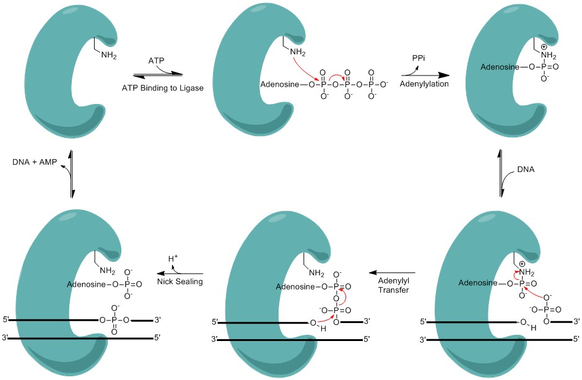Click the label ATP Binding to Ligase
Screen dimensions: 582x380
(x=163, y=89)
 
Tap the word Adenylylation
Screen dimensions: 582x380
(x=424, y=84)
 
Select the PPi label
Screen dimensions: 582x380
(x=419, y=58)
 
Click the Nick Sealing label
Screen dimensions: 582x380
(x=180, y=282)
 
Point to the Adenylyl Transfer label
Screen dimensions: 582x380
(x=393, y=285)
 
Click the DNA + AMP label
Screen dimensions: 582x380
(x=35, y=162)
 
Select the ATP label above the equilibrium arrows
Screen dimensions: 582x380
(x=156, y=61)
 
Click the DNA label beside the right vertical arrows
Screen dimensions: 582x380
(x=526, y=170)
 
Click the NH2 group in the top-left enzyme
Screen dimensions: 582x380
(x=109, y=56)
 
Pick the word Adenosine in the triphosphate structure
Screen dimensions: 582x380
(x=279, y=85)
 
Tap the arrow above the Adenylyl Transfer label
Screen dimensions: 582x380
(x=392, y=273)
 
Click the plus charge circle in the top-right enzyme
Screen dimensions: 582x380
(x=544, y=47)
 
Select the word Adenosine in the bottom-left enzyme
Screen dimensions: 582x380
(x=86, y=285)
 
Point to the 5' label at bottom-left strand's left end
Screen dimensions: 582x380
(x=6, y=319)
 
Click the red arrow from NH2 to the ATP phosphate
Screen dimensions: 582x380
(x=305, y=69)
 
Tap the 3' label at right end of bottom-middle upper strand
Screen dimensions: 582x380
(x=367, y=321)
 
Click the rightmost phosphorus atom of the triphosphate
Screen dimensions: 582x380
(x=371, y=85)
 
